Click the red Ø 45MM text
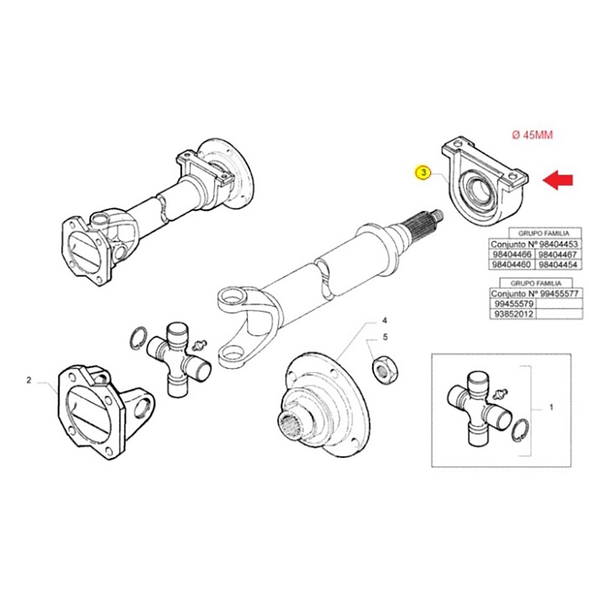pyautogui.click(x=532, y=135)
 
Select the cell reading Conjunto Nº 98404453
pyautogui.click(x=526, y=244)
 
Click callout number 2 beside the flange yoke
pyautogui.click(x=28, y=380)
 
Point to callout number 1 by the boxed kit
pyautogui.click(x=551, y=407)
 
